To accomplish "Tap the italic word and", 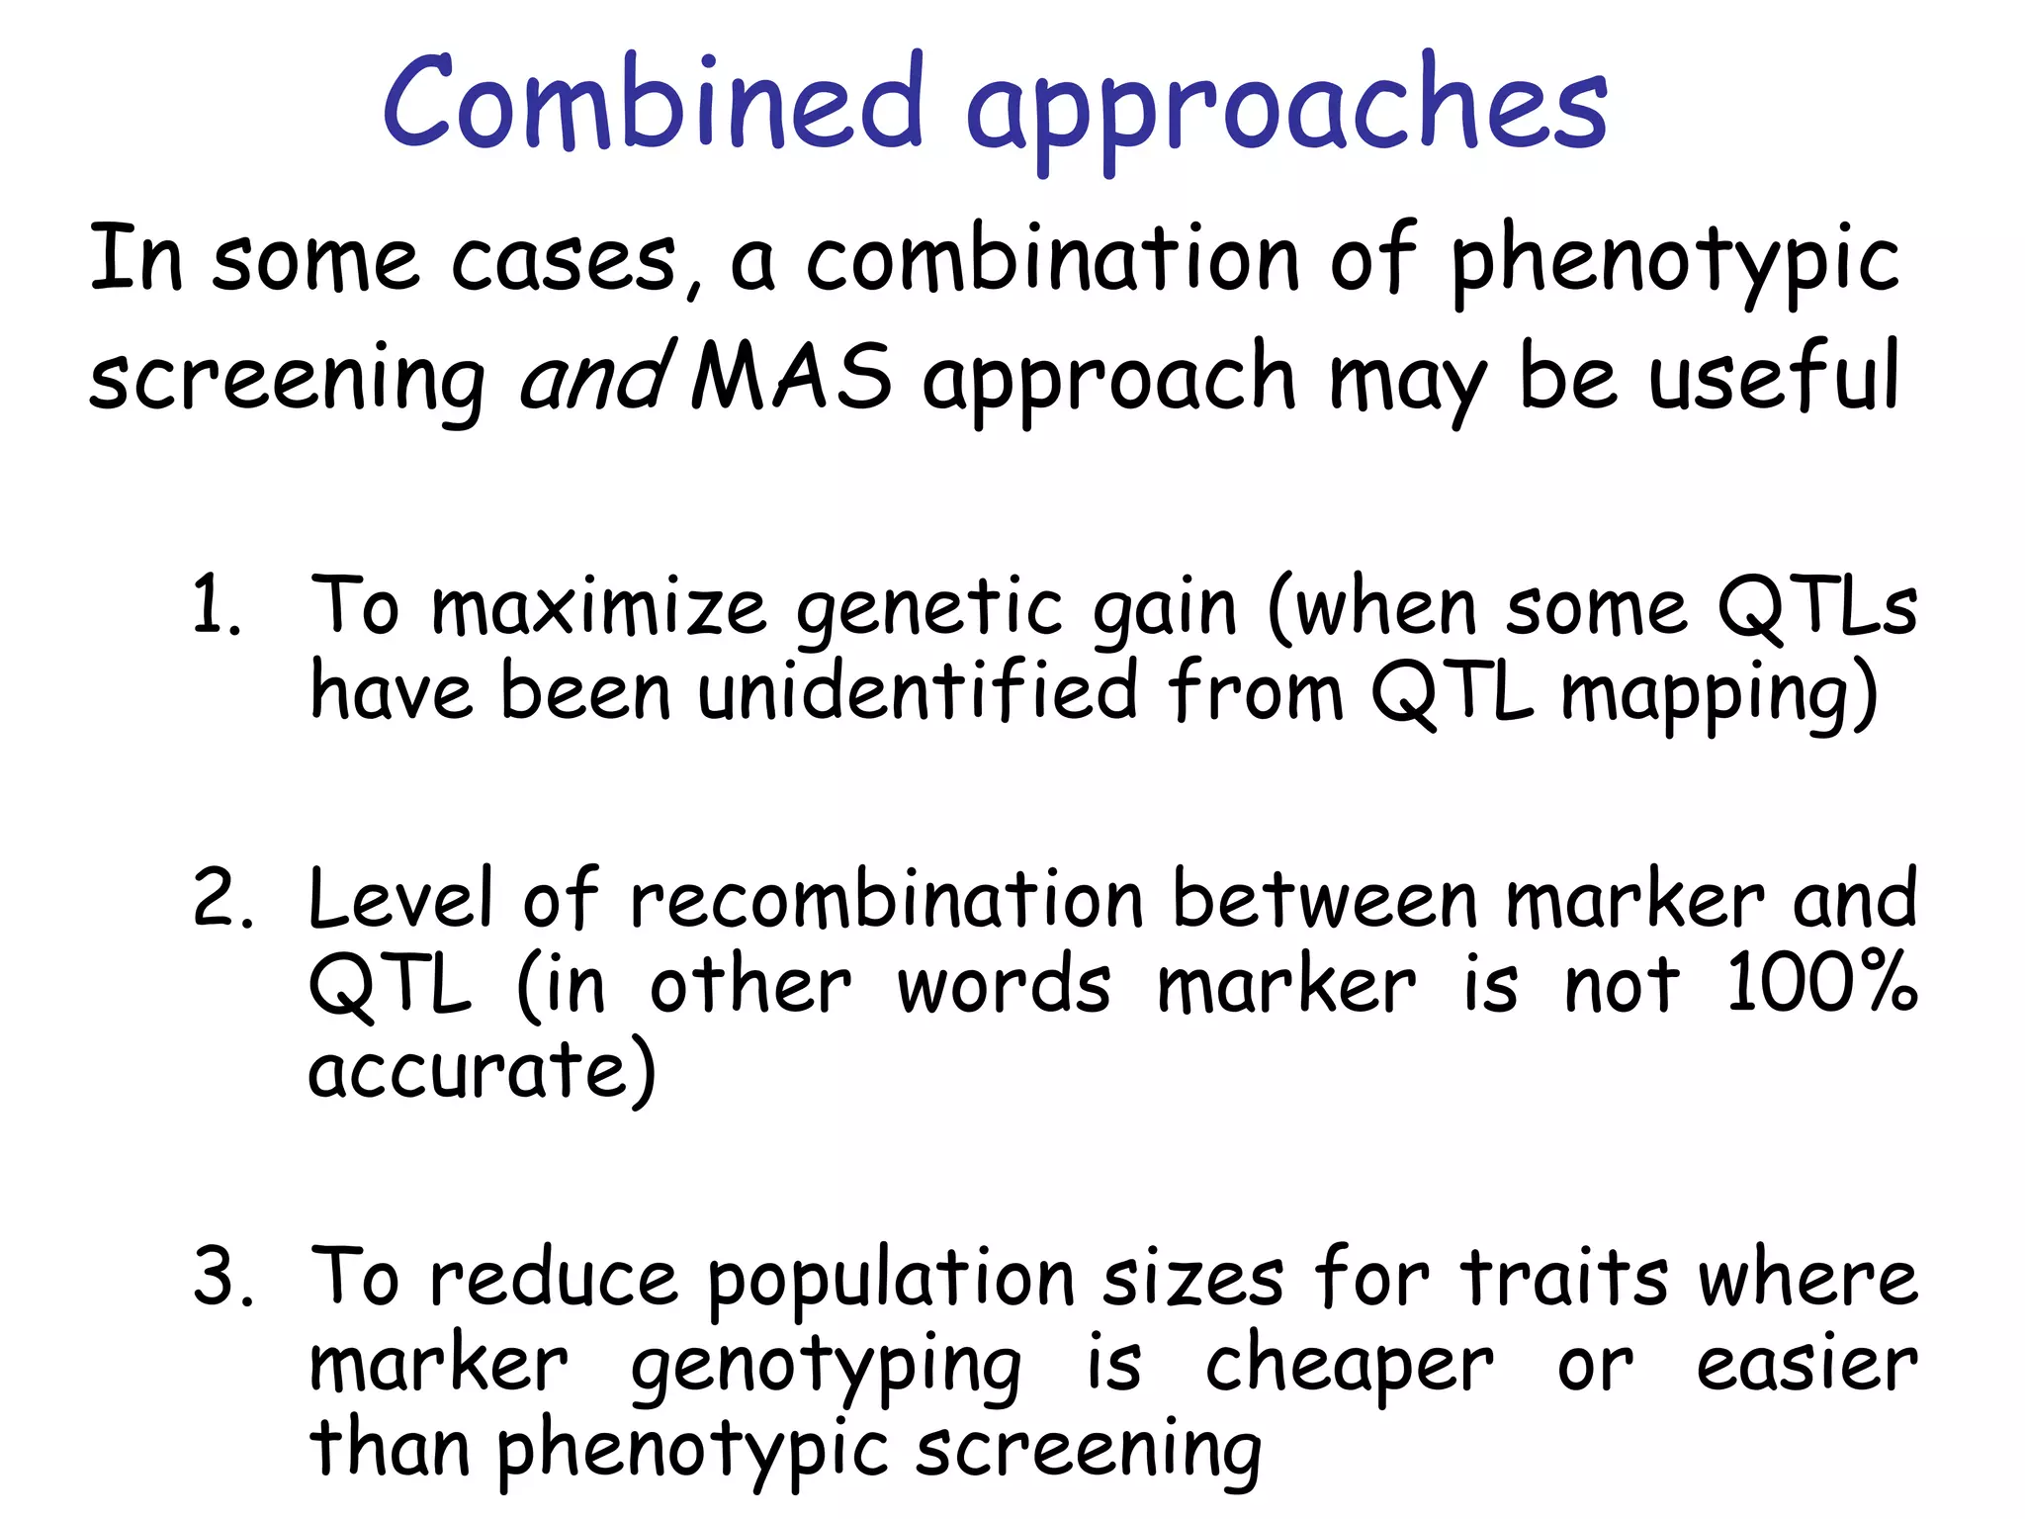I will (x=595, y=377).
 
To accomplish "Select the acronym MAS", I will (x=791, y=377).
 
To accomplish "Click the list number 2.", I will (x=222, y=898).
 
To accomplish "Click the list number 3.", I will (x=222, y=1277).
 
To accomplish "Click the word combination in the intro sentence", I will (x=1052, y=259).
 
